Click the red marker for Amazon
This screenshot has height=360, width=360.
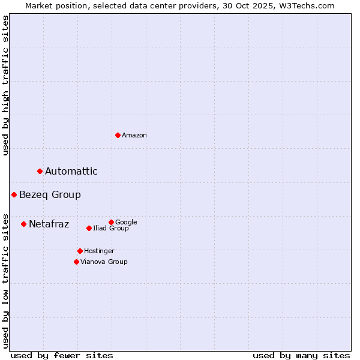(x=118, y=135)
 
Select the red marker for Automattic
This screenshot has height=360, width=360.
(x=40, y=171)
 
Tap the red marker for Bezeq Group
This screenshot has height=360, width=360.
(x=14, y=194)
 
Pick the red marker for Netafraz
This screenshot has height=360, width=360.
(x=23, y=224)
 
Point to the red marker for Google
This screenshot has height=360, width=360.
(x=111, y=222)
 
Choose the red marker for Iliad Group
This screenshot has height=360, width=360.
(x=89, y=228)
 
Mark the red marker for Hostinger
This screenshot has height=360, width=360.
(x=80, y=251)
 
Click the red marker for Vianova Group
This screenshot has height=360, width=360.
(x=76, y=262)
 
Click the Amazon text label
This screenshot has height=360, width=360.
(x=134, y=136)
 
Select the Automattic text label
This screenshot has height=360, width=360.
(x=71, y=172)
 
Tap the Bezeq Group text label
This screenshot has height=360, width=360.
(x=50, y=195)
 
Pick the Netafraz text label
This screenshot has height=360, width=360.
(x=49, y=224)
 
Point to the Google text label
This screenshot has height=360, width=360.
(x=126, y=223)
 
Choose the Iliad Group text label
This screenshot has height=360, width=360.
(x=111, y=229)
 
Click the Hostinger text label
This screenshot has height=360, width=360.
(x=99, y=251)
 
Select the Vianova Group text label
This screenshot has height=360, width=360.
(x=104, y=262)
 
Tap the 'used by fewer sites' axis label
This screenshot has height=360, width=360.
(x=62, y=355)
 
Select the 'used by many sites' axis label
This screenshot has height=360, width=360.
(x=301, y=355)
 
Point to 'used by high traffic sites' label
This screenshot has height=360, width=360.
(x=6, y=85)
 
